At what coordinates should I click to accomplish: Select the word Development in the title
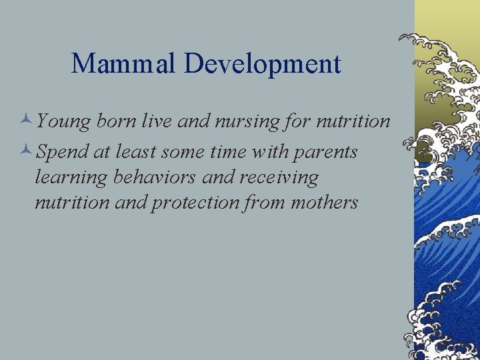[x=263, y=64]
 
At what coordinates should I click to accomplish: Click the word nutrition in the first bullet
[x=353, y=121]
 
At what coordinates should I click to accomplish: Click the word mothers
[x=325, y=202]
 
